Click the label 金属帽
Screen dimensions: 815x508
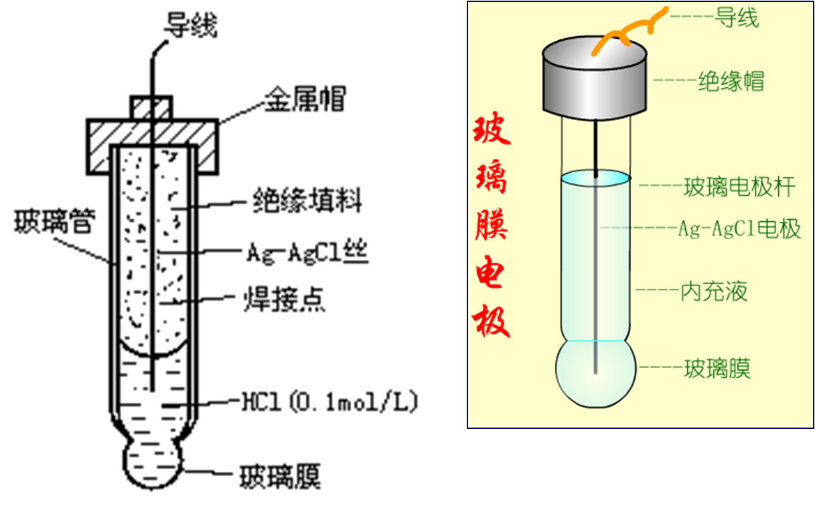(x=305, y=99)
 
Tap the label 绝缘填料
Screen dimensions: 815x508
(x=307, y=200)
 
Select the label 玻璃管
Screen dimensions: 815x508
(x=54, y=220)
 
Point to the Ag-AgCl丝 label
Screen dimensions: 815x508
(x=307, y=253)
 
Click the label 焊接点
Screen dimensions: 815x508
(x=284, y=300)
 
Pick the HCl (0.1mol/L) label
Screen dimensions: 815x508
(x=330, y=401)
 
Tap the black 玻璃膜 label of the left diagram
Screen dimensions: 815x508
(x=280, y=476)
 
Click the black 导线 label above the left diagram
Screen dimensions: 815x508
(x=191, y=25)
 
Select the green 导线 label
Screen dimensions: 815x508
(x=737, y=17)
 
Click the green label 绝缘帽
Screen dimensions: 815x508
(x=731, y=81)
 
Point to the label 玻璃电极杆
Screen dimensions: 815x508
(x=739, y=187)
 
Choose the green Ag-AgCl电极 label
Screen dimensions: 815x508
(x=739, y=229)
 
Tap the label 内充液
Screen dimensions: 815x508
(x=714, y=292)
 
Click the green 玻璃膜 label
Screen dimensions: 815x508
(x=717, y=369)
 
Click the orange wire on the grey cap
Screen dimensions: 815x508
(x=629, y=31)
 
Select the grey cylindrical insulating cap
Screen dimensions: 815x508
(x=595, y=78)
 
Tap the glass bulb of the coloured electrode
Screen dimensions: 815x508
(x=595, y=374)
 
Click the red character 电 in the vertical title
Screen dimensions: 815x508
(x=490, y=272)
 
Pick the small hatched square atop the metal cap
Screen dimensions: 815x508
(x=151, y=108)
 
